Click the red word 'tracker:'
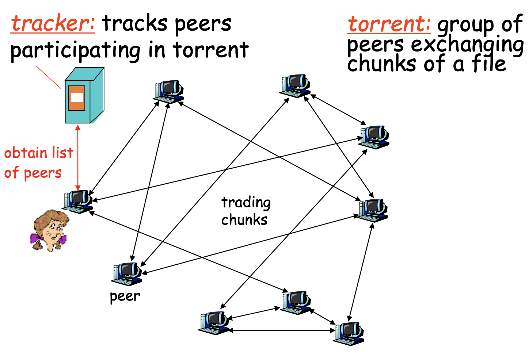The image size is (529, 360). click(x=53, y=23)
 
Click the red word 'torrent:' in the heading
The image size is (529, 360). click(x=389, y=24)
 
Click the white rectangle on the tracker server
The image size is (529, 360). click(x=77, y=97)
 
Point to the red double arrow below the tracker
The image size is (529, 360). click(x=78, y=157)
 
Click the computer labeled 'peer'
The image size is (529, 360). click(x=126, y=273)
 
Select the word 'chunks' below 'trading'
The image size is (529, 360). click(x=244, y=220)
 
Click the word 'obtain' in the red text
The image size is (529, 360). click(x=26, y=153)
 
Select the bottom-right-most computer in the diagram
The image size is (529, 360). click(x=349, y=333)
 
